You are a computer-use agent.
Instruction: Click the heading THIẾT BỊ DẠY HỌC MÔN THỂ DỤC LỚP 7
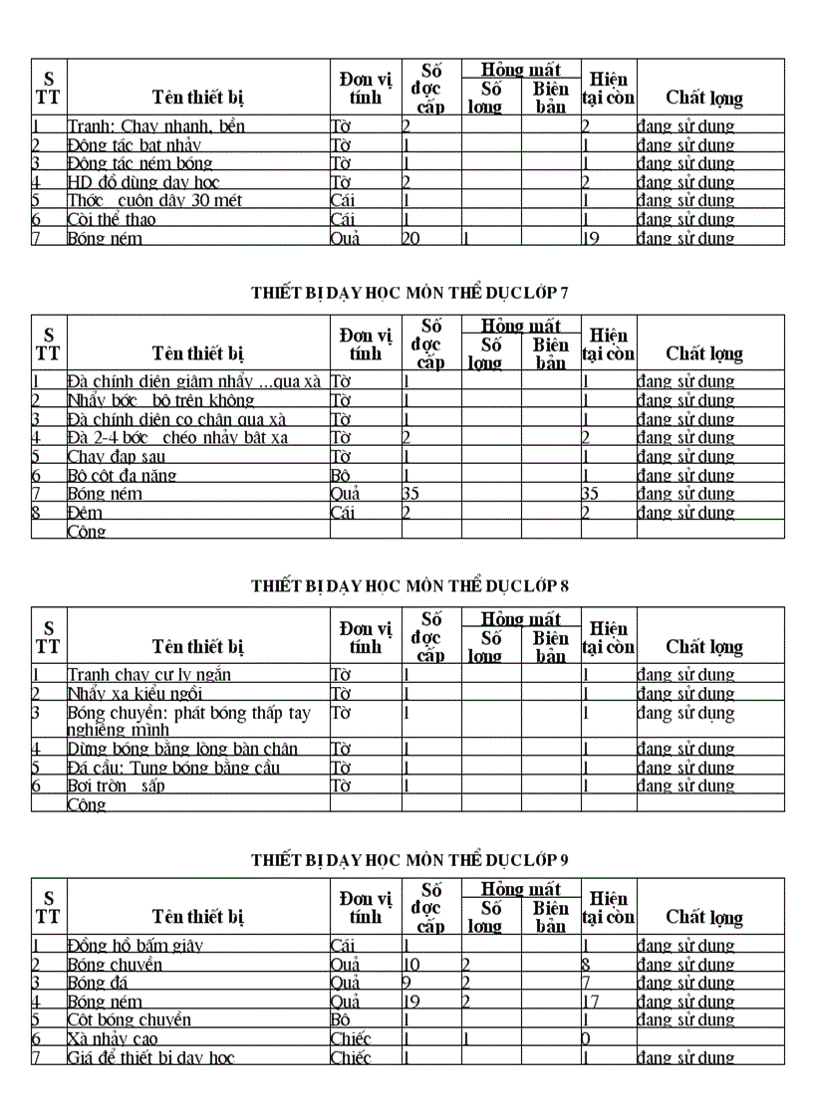click(x=409, y=292)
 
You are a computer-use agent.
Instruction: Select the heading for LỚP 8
click(x=409, y=585)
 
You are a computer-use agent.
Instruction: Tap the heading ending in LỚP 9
click(x=409, y=859)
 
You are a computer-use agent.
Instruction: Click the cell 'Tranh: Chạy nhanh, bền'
click(x=156, y=126)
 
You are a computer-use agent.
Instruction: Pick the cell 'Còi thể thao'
click(x=112, y=219)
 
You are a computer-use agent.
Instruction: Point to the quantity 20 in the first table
click(x=410, y=238)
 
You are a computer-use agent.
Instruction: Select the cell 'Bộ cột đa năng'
click(x=122, y=475)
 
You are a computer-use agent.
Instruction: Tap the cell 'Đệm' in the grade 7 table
click(x=85, y=513)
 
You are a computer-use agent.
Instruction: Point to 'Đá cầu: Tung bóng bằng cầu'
click(x=173, y=768)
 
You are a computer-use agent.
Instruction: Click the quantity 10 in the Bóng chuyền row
click(x=410, y=964)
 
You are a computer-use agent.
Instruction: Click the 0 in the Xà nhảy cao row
click(x=587, y=1038)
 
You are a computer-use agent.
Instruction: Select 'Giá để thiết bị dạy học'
click(x=150, y=1057)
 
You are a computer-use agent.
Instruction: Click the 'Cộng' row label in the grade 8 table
click(x=86, y=804)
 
